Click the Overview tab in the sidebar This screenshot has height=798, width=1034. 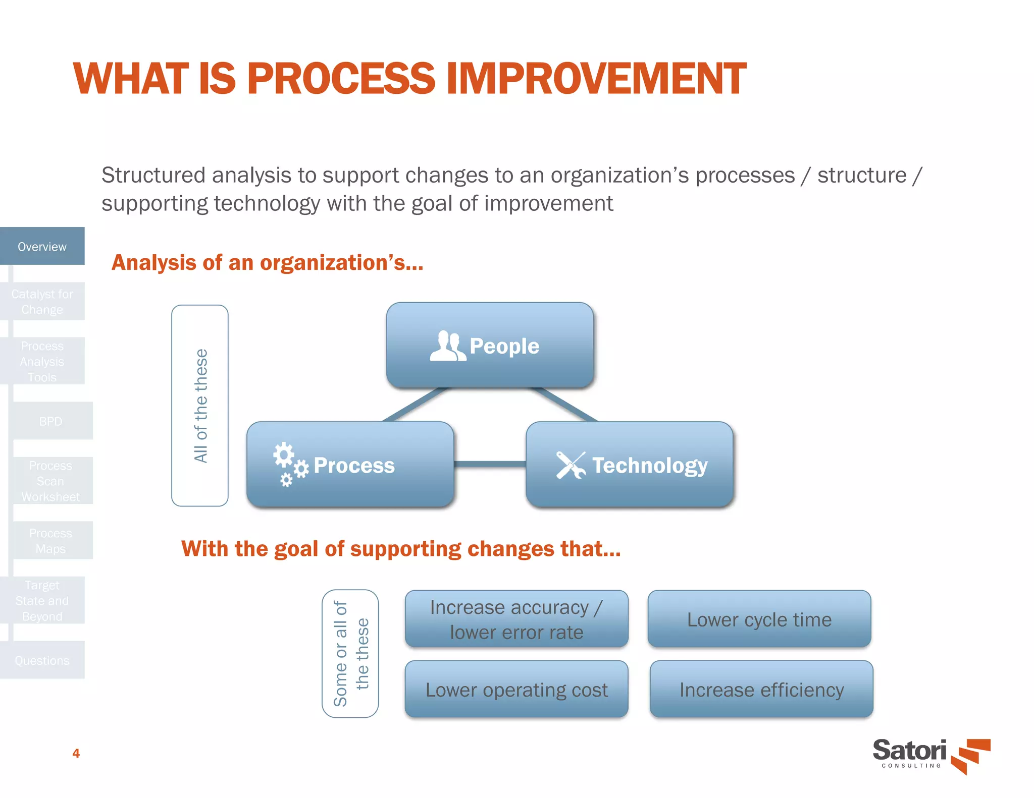42,246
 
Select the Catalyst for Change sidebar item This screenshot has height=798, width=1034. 42,301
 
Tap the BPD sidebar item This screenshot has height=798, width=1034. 50,421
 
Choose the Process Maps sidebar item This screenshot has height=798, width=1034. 50,540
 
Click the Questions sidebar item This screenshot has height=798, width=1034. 42,660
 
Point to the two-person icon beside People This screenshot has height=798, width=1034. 447,346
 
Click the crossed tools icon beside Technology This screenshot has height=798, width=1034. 571,465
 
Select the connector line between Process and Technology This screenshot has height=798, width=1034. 489,464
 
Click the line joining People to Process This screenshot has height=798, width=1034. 415,405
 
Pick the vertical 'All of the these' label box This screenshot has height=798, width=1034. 200,405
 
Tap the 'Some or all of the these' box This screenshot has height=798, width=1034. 350,653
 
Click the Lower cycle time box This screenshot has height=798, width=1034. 759,619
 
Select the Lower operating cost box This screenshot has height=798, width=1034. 516,689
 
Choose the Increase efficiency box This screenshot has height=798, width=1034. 761,689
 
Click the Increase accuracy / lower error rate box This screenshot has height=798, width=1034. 516,619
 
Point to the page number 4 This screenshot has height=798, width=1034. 76,753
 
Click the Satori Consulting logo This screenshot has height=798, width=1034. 930,755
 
